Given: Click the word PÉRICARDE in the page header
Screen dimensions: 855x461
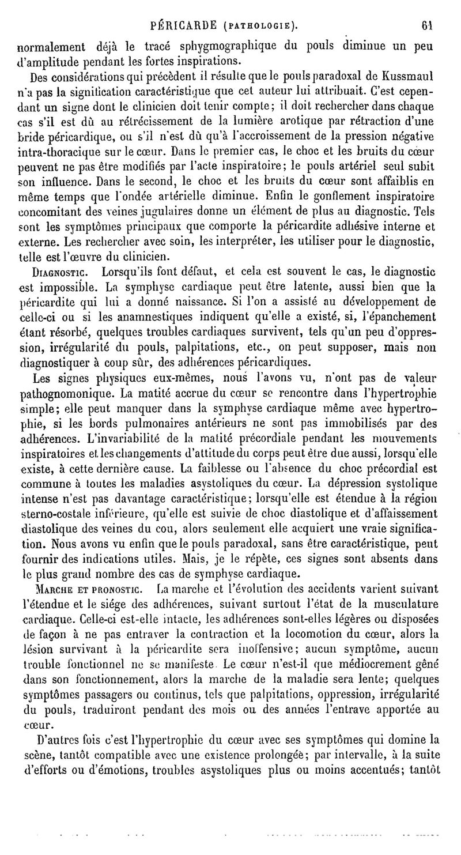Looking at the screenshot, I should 183,25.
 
